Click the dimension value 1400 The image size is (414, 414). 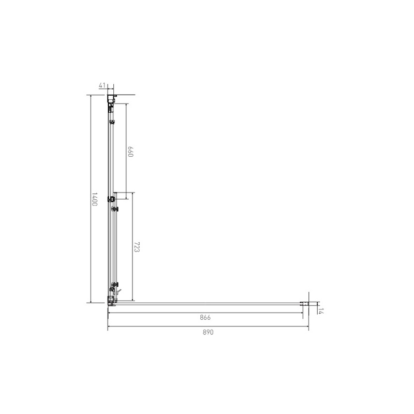pyautogui.click(x=95, y=200)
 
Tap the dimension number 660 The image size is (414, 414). pyautogui.click(x=130, y=152)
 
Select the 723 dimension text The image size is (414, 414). pyautogui.click(x=137, y=247)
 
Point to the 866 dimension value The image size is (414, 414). pyautogui.click(x=205, y=317)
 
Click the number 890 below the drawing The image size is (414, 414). pyautogui.click(x=208, y=332)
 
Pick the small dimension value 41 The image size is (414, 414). pyautogui.click(x=102, y=85)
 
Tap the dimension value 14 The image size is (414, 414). pyautogui.click(x=320, y=311)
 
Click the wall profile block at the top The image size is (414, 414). pyautogui.click(x=112, y=98)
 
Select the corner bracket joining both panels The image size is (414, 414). pyautogui.click(x=111, y=301)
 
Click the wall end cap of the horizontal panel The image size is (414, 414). pyautogui.click(x=304, y=304)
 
